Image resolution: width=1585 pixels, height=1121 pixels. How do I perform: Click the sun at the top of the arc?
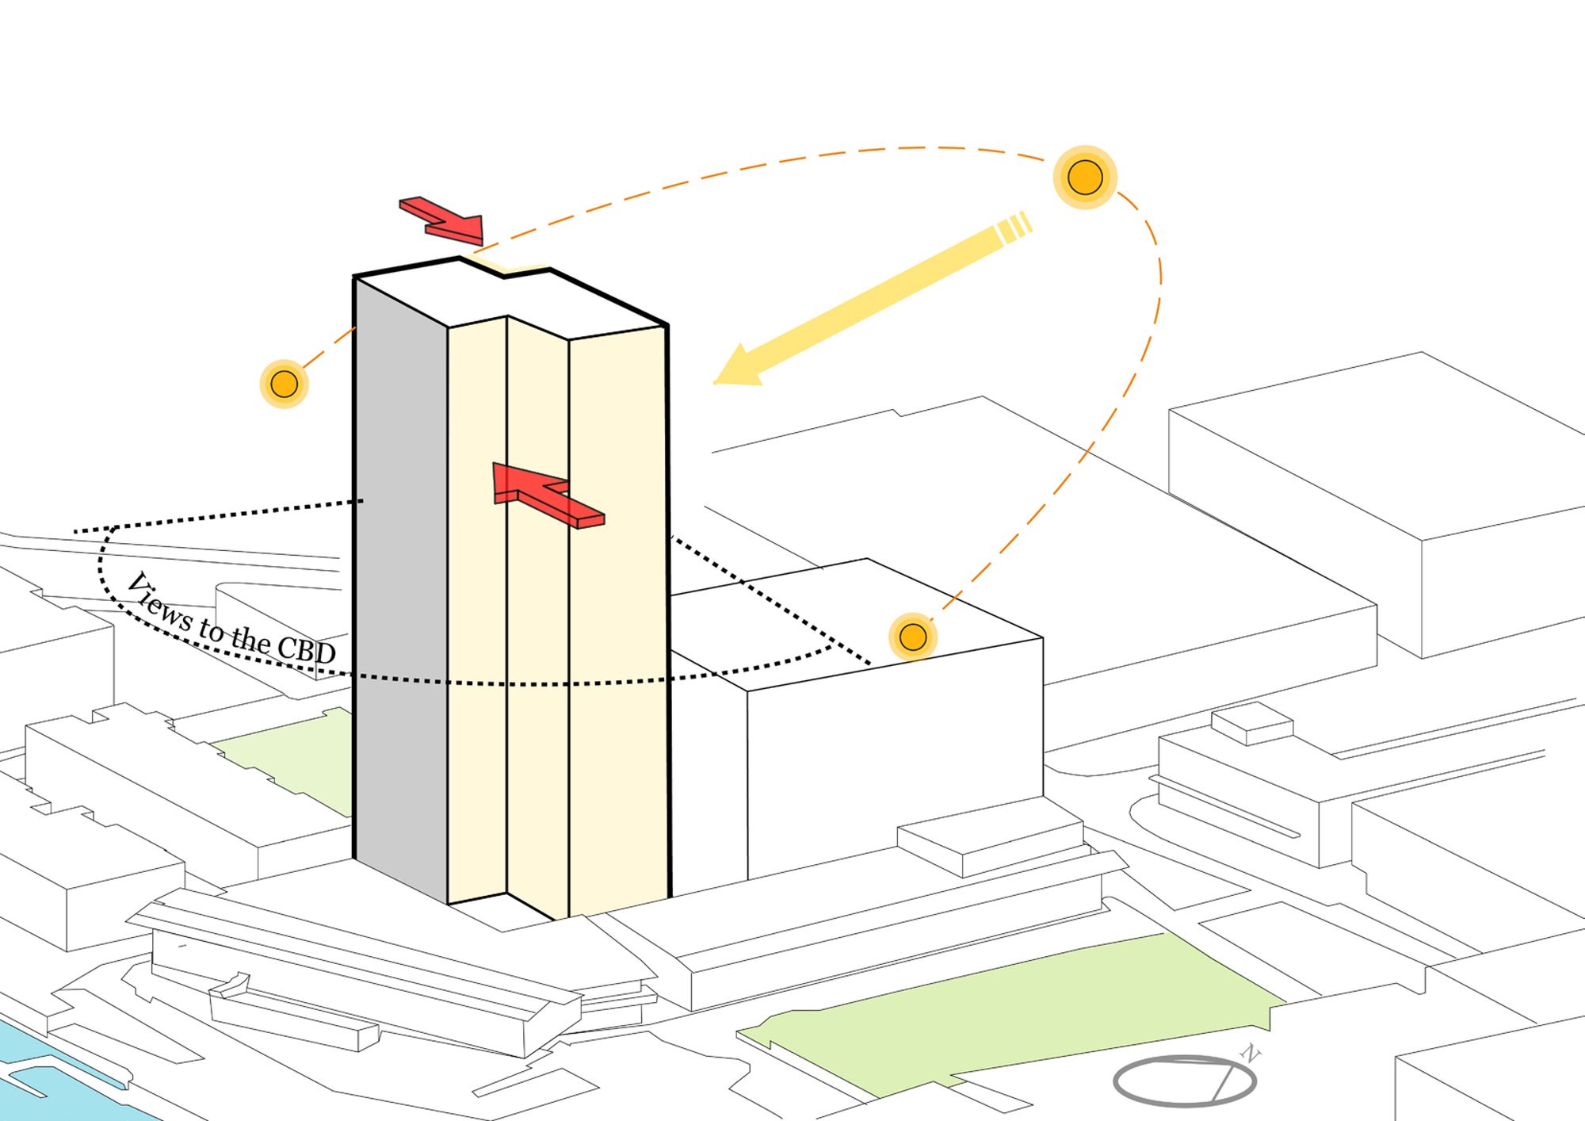1085,177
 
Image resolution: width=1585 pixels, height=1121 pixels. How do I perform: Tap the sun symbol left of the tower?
284,384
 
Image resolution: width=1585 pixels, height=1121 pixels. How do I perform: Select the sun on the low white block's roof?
913,637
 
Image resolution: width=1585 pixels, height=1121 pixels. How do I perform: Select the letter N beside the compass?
1250,1054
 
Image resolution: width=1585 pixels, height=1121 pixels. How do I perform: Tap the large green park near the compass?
1014,1007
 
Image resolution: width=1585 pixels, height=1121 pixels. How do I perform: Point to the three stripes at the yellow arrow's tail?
1014,228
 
